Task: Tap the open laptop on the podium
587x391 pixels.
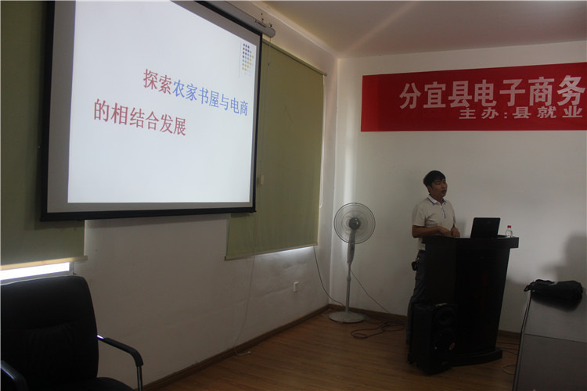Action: click(485, 228)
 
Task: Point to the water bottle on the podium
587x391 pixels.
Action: click(509, 231)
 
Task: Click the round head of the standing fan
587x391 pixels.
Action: click(354, 224)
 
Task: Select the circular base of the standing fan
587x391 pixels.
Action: click(347, 317)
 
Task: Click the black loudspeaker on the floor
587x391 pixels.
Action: click(434, 338)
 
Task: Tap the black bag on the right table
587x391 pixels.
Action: click(555, 289)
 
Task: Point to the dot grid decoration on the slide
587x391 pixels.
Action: click(247, 57)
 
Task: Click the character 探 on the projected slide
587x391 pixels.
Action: click(151, 80)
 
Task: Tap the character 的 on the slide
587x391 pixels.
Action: click(101, 110)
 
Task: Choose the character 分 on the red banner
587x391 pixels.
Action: click(410, 96)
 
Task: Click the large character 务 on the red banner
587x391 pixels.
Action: click(571, 91)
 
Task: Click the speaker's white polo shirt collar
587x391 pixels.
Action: click(437, 201)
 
